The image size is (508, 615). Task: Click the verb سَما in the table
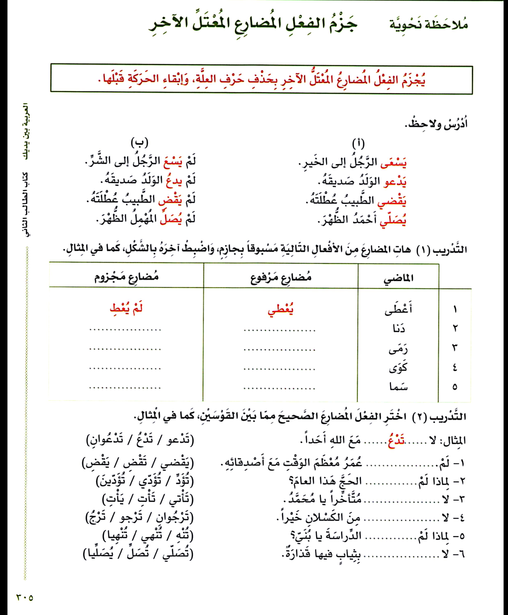coord(399,387)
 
